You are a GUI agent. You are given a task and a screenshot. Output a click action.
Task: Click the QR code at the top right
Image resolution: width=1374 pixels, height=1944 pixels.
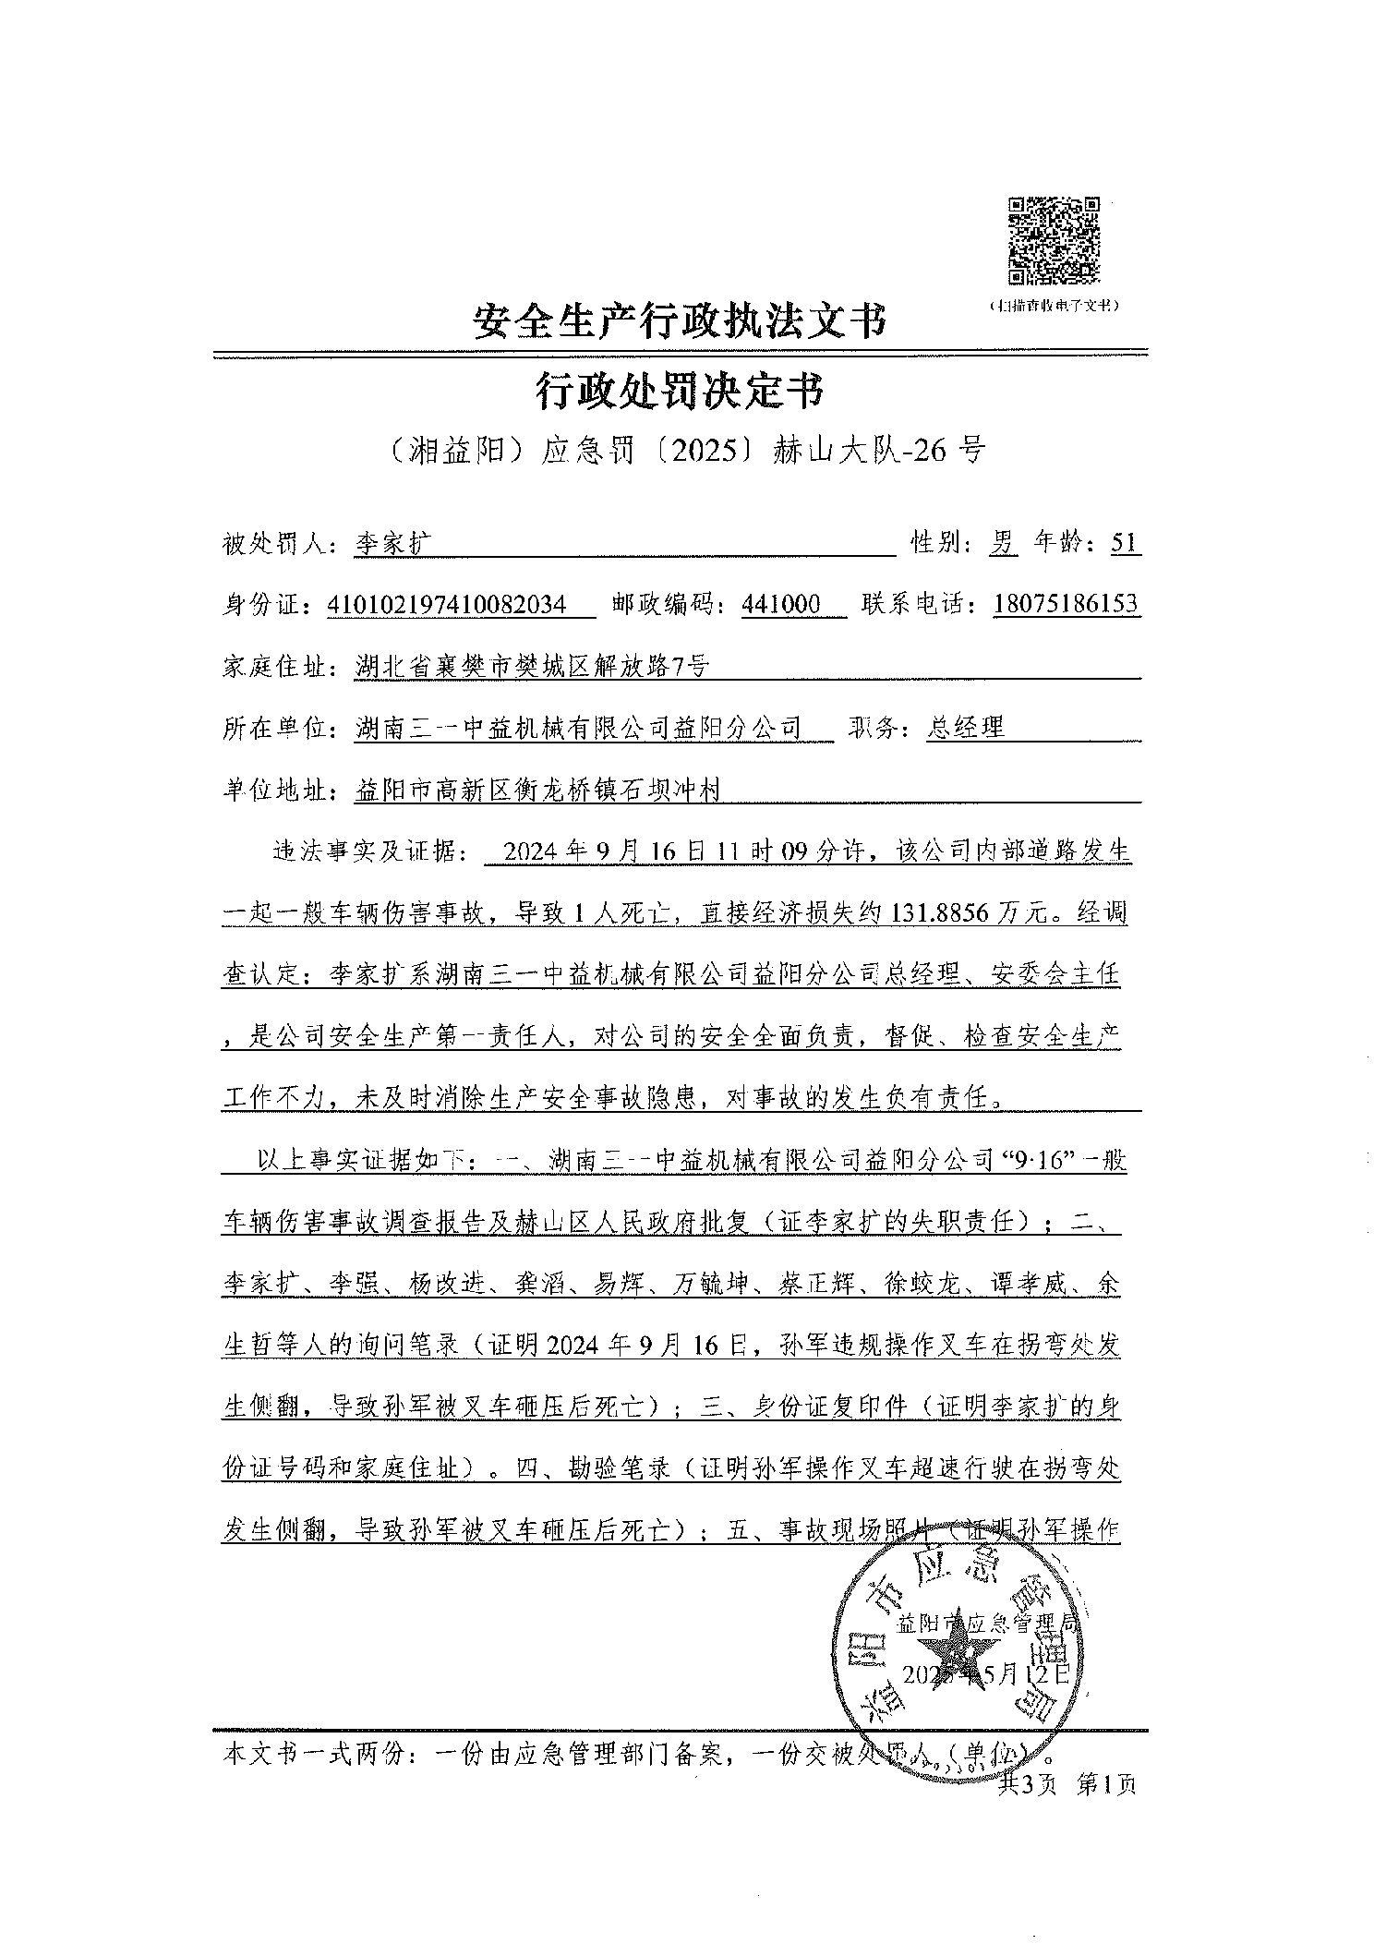[1054, 240]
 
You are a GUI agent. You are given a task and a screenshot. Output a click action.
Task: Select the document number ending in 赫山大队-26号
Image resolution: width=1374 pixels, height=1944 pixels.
[684, 450]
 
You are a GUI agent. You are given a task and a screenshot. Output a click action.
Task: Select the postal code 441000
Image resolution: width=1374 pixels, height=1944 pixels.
[781, 605]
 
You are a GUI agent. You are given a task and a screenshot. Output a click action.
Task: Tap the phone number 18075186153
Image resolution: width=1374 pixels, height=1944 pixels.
[1067, 605]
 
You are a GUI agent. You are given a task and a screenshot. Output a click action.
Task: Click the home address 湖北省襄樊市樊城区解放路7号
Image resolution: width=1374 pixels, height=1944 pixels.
[532, 666]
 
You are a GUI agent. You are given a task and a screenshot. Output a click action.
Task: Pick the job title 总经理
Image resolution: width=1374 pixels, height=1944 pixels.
[966, 727]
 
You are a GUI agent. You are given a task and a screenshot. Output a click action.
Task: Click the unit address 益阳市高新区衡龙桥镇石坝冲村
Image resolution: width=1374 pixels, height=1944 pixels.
[536, 790]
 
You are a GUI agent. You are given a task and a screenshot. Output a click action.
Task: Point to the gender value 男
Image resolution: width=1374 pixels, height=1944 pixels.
[1003, 543]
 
